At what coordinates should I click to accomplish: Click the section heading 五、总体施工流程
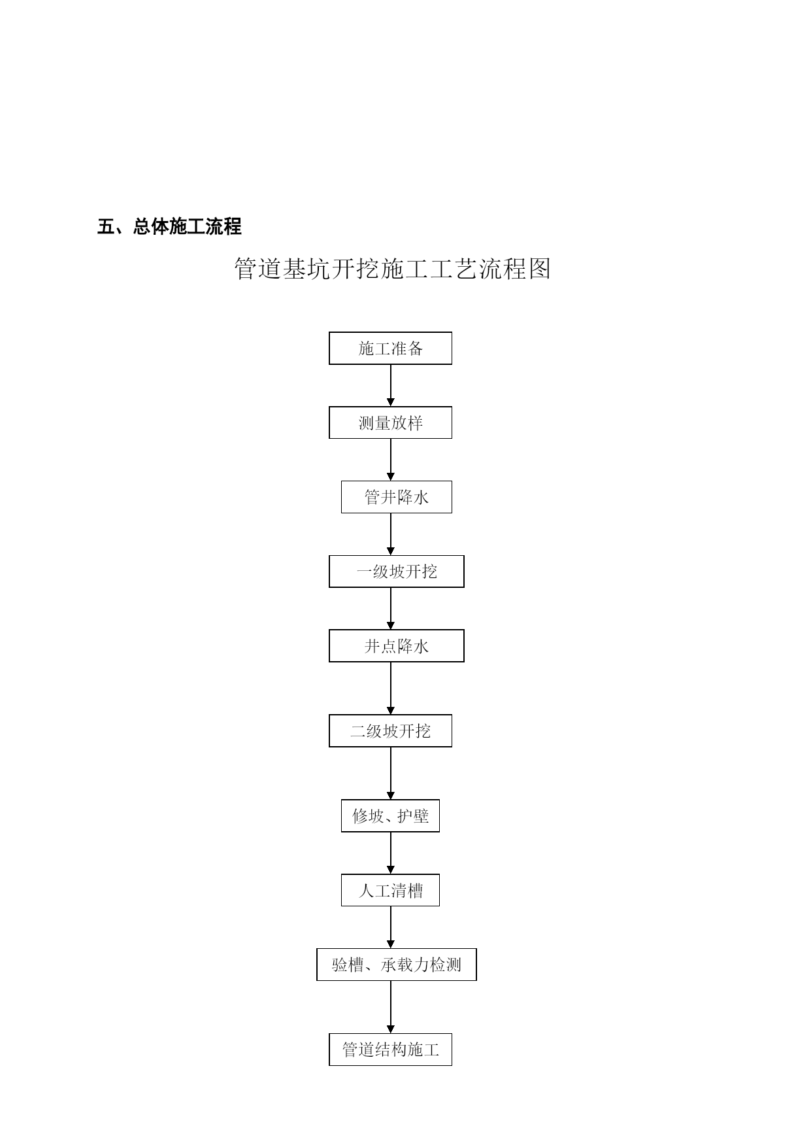point(169,227)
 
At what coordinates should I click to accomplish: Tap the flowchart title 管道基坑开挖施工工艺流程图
point(393,269)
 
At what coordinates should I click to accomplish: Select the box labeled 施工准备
point(390,348)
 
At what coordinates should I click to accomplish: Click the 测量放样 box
point(390,422)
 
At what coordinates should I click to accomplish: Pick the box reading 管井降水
point(397,497)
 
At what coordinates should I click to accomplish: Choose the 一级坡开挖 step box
point(397,572)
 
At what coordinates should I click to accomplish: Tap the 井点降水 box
point(397,646)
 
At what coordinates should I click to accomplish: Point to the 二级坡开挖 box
point(390,730)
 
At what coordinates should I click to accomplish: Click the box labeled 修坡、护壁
point(390,815)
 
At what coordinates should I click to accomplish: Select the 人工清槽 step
point(390,890)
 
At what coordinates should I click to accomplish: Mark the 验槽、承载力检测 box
point(397,965)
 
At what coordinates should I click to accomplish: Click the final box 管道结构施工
point(390,1050)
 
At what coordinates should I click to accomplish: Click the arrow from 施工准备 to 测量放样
point(391,385)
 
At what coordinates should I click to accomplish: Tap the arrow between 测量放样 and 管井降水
point(391,460)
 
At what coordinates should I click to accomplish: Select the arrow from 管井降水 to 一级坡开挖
point(391,534)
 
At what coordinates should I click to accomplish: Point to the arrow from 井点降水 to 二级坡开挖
point(391,688)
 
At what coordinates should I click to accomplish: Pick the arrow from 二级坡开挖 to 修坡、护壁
point(391,773)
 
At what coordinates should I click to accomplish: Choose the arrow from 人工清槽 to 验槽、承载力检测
point(391,927)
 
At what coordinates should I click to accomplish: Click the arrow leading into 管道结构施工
point(391,1007)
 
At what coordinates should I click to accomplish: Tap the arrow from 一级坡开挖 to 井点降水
point(391,609)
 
